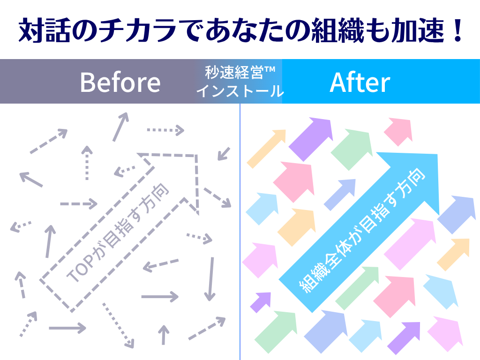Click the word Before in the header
coord(120,82)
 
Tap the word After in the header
coord(360,82)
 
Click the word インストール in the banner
coord(240,91)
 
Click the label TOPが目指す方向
coord(118,232)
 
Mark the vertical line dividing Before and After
coord(240,232)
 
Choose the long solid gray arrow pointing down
coord(210,279)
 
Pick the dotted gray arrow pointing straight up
coord(87,163)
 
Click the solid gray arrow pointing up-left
coord(31,180)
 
